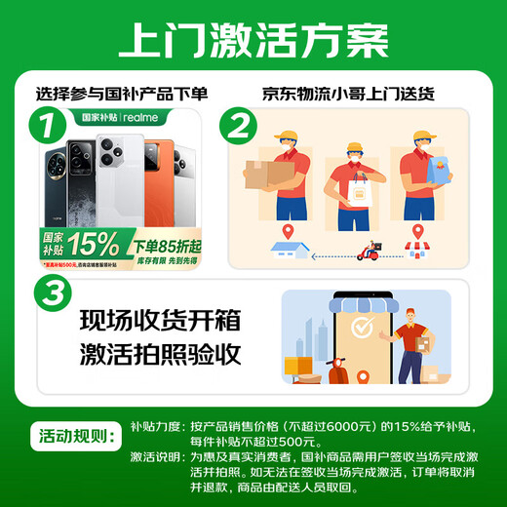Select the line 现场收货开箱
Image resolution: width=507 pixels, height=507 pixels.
pyautogui.click(x=159, y=322)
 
